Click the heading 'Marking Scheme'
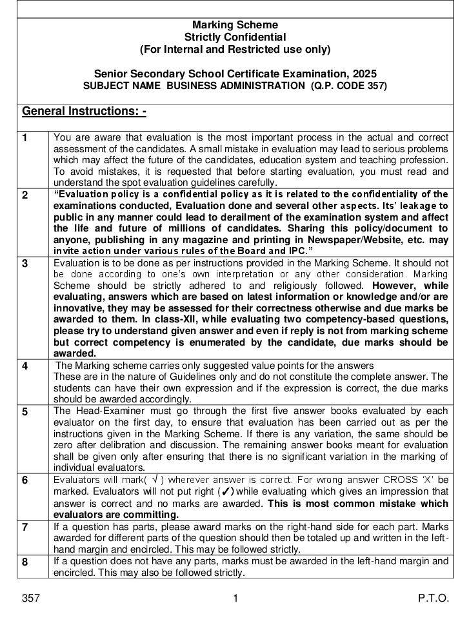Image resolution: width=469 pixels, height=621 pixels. [x=235, y=25]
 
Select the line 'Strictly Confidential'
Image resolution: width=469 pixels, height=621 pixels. [x=235, y=37]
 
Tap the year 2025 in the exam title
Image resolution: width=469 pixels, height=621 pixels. [x=363, y=74]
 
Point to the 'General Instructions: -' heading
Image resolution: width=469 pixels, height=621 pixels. [x=85, y=112]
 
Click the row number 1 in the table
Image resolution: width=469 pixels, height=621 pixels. [x=25, y=137]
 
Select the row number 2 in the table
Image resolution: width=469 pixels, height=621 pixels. [x=25, y=195]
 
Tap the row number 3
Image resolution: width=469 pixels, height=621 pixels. [x=25, y=263]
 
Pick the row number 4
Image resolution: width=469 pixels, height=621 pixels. [x=25, y=366]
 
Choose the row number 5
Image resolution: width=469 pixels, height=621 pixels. [x=25, y=411]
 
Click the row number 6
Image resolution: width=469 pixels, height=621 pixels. [x=25, y=480]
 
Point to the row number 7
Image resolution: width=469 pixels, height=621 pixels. [x=25, y=527]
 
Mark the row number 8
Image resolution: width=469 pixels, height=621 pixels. [x=25, y=562]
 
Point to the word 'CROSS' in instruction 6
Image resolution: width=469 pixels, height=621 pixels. [x=400, y=480]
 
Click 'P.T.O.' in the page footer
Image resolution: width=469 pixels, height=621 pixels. [x=434, y=598]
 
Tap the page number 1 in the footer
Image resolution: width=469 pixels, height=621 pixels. [x=235, y=598]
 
